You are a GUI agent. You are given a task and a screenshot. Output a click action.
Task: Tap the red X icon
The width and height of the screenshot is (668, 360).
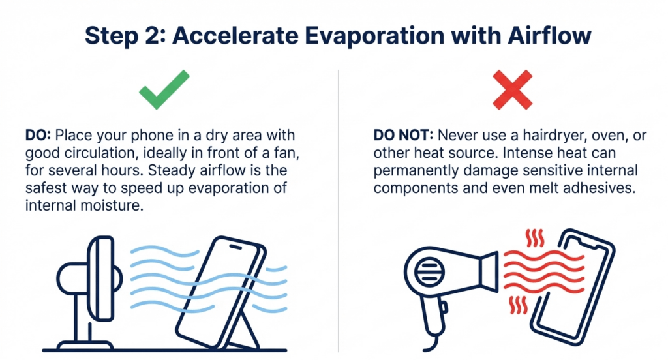(511, 91)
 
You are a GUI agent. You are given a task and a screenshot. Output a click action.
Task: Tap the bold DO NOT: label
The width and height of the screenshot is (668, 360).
(402, 136)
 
